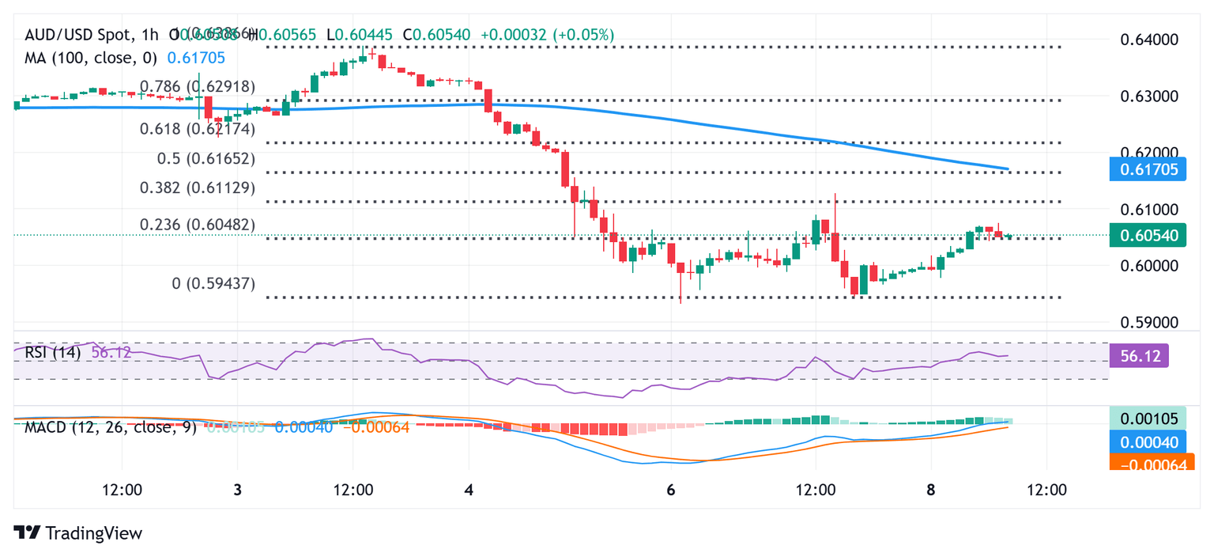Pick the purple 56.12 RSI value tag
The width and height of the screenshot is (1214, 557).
[1138, 357]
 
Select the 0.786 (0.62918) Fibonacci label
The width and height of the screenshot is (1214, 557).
[198, 86]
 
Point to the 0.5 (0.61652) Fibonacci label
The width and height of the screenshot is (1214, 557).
[206, 158]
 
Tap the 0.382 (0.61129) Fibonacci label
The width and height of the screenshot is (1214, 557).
[198, 188]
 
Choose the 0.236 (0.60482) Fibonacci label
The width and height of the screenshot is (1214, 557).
[198, 225]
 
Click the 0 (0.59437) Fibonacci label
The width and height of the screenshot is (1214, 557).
[213, 283]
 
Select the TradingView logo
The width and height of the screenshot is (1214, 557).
[78, 533]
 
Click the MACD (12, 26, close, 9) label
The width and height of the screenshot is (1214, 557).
[111, 427]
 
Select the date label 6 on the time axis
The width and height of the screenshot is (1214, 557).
[671, 490]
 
